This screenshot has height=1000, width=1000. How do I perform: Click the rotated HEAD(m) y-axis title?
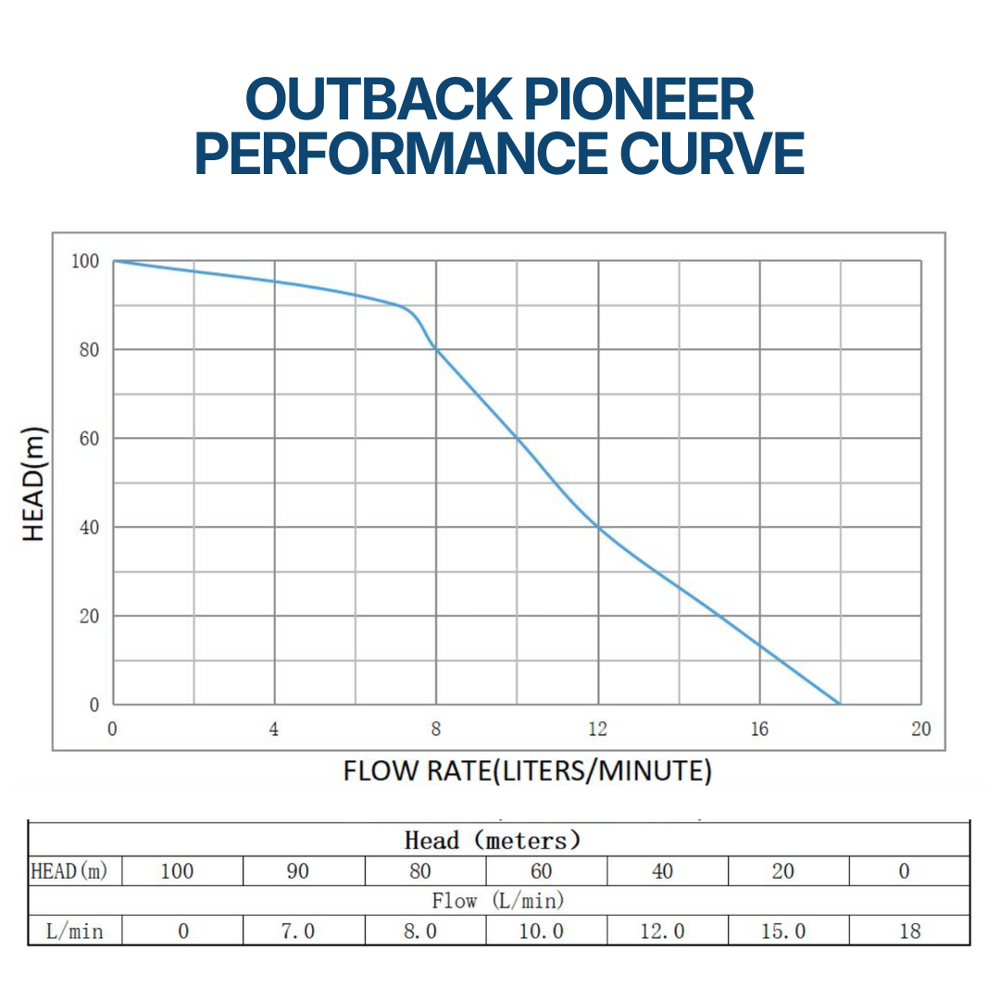(x=34, y=483)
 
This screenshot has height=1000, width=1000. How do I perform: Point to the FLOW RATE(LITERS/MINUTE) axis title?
(x=527, y=770)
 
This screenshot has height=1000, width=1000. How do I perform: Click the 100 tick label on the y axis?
(x=85, y=261)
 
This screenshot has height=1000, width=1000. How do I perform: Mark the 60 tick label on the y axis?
(x=88, y=439)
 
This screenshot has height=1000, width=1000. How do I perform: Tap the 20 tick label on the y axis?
(x=88, y=617)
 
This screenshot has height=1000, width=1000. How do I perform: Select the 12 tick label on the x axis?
(x=598, y=730)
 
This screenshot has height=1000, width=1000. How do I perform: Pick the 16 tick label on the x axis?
(x=759, y=730)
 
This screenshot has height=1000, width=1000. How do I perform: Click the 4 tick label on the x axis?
(x=274, y=730)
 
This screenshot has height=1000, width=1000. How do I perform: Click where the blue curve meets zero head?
(x=840, y=704)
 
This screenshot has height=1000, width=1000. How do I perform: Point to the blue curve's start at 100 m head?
(x=114, y=261)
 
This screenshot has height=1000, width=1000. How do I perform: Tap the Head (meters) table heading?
(x=494, y=841)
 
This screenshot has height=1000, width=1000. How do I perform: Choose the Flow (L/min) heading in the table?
(x=497, y=900)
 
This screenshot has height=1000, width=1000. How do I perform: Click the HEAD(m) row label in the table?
(x=69, y=871)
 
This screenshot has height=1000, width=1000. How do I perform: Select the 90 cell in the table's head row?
(x=297, y=871)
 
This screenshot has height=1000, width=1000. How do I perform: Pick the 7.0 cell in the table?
(x=297, y=931)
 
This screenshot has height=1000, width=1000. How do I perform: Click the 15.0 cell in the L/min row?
(x=783, y=931)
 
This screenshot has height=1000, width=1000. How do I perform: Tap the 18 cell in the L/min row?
(x=910, y=931)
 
